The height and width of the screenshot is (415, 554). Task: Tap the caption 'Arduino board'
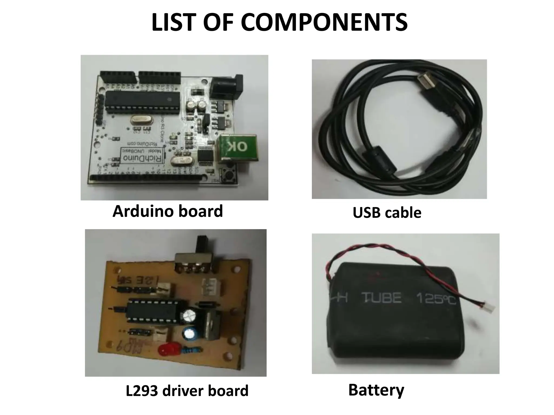tap(168, 211)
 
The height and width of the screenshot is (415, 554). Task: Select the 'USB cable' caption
tap(387, 213)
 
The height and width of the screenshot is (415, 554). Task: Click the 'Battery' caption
tap(376, 390)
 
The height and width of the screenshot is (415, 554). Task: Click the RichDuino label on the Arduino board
tap(143, 158)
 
